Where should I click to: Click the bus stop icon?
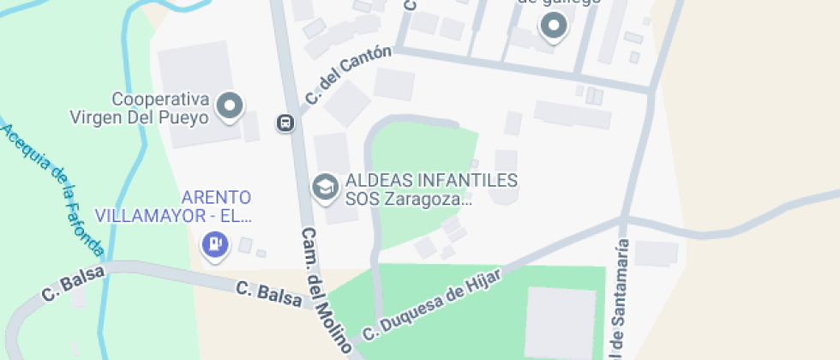[285, 123]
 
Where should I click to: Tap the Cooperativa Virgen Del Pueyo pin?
[230, 107]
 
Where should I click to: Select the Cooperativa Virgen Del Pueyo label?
[161, 108]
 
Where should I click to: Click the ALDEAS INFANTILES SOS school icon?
[325, 186]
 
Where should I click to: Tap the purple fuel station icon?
[213, 244]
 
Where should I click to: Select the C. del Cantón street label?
[347, 75]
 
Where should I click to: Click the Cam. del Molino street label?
[327, 291]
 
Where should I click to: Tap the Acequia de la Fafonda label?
[53, 189]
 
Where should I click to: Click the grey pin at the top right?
[554, 27]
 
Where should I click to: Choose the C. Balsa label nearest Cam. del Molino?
[269, 293]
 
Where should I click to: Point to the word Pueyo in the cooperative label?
[186, 117]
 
